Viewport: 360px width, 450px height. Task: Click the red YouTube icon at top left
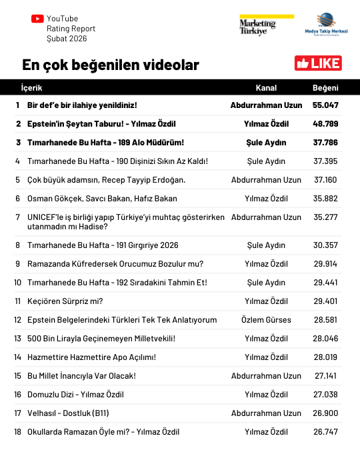pyautogui.click(x=37, y=19)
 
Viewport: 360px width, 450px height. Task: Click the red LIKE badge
pyautogui.click(x=318, y=63)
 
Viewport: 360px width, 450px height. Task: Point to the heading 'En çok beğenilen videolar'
pyautogui.click(x=110, y=65)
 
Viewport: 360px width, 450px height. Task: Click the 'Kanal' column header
pyautogui.click(x=266, y=88)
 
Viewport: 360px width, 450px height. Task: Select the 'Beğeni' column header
pyautogui.click(x=325, y=88)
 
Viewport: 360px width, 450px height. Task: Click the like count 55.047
pyautogui.click(x=325, y=105)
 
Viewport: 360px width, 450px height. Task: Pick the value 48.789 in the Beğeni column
pyautogui.click(x=325, y=124)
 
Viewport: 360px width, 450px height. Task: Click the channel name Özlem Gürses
pyautogui.click(x=266, y=320)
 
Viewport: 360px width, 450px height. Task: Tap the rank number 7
pyautogui.click(x=17, y=217)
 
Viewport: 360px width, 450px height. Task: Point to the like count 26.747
pyautogui.click(x=325, y=432)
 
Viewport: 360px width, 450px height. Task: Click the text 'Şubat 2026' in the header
pyautogui.click(x=66, y=39)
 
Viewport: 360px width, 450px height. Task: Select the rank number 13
pyautogui.click(x=17, y=339)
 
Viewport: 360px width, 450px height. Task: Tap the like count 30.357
pyautogui.click(x=325, y=245)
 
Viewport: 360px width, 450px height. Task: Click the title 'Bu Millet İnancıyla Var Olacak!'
pyautogui.click(x=81, y=376)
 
